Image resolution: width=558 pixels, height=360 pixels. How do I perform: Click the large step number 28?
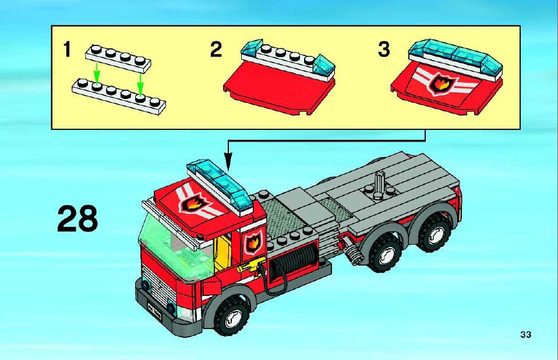[77, 218]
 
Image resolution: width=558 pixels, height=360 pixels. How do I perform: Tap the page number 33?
[525, 334]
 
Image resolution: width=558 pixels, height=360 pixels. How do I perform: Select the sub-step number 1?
[67, 50]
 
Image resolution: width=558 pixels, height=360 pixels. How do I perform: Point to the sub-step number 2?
[216, 50]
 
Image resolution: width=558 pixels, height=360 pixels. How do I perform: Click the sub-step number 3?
[384, 50]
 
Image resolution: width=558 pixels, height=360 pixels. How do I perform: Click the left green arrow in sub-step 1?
[96, 73]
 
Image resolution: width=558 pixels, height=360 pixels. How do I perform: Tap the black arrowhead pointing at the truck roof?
[228, 161]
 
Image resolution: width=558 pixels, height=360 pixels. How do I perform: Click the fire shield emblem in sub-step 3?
[441, 84]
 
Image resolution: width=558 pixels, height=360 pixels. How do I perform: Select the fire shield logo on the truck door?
[253, 242]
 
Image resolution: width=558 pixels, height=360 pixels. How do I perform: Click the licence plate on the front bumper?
[154, 310]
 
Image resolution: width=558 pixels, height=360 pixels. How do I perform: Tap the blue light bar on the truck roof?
[219, 187]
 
